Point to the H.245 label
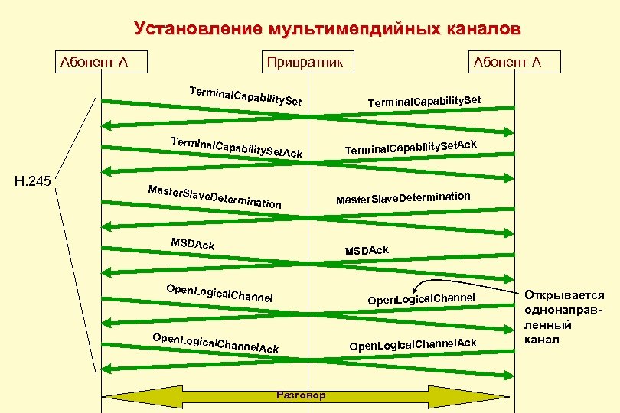(33, 181)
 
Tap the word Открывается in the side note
(564, 296)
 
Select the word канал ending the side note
(543, 339)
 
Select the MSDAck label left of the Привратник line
(192, 244)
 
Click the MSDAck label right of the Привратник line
(367, 251)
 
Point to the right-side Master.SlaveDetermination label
(403, 198)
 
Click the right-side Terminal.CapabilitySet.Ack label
(411, 148)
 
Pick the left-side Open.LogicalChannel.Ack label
(215, 343)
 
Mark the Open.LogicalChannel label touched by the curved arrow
(422, 298)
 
